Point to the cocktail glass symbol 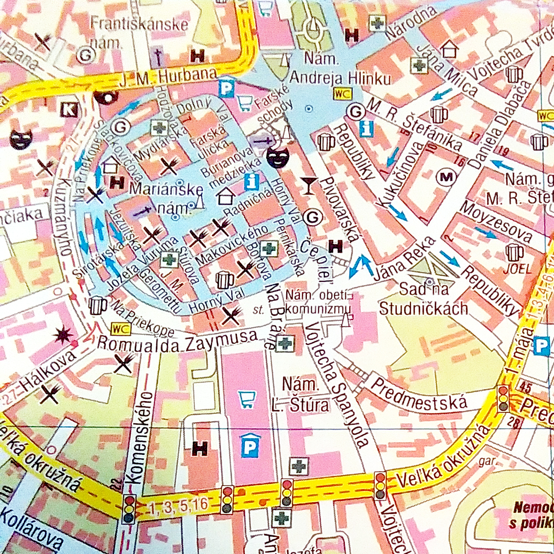[308, 185]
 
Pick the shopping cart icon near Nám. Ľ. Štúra [247, 400]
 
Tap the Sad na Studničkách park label [424, 299]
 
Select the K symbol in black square [68, 109]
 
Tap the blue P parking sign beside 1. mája [541, 345]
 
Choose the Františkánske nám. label [140, 30]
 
